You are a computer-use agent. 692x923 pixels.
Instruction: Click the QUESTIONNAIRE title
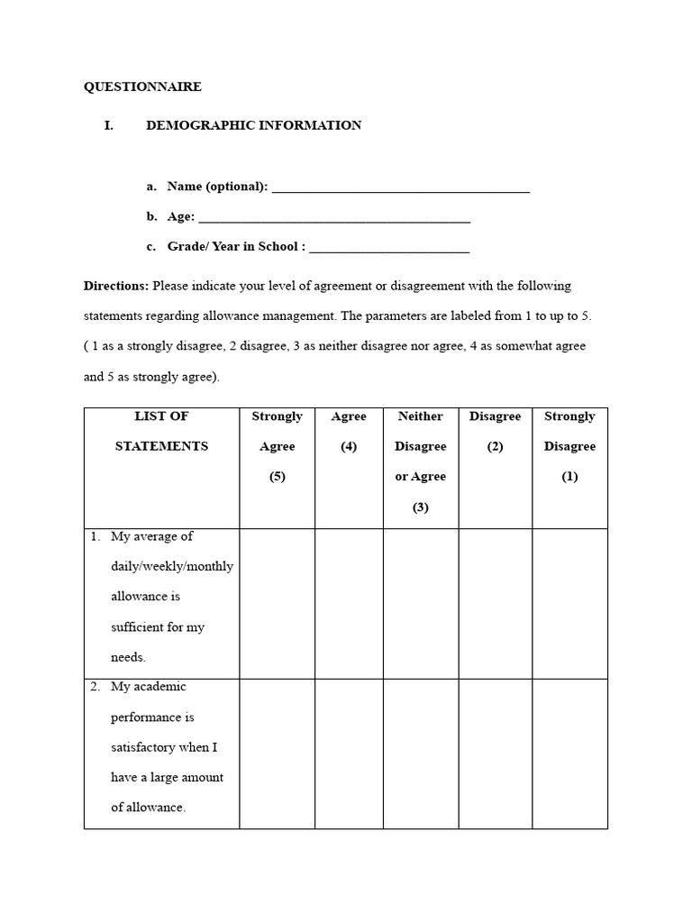coord(142,87)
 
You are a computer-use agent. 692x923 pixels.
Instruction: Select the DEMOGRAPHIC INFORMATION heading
coord(253,125)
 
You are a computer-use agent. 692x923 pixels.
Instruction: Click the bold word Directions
coord(116,286)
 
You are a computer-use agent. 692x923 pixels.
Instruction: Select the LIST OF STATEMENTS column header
coord(161,431)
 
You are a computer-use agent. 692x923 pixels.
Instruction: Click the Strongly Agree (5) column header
coord(277,446)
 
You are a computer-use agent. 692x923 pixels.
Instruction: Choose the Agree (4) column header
coord(349,431)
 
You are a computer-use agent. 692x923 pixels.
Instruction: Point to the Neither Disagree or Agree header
coord(420,461)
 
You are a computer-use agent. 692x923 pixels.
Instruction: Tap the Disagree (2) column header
coord(495,431)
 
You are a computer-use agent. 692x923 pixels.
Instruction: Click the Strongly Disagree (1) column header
coord(569,446)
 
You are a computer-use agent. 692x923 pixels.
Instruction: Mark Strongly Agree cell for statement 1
coord(277,603)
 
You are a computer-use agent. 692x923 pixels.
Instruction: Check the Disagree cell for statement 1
coord(495,603)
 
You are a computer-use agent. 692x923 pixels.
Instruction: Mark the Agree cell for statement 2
coord(349,754)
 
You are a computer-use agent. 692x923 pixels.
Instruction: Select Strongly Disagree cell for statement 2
coord(569,754)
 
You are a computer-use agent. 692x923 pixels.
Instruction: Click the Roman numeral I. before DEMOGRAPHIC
coord(109,125)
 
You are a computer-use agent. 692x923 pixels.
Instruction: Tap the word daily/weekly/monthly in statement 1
coord(172,566)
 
